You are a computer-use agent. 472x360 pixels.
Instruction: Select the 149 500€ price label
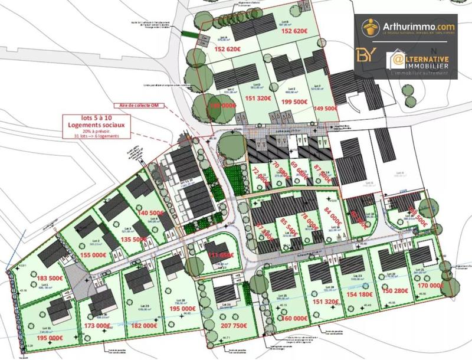pos(325,109)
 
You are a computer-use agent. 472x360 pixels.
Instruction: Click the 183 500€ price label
pos(50,278)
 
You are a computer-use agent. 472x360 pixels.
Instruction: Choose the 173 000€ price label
pos(97,325)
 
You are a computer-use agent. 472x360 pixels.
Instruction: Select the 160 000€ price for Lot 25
pos(279,318)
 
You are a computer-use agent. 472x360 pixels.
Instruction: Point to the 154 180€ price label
pos(359,293)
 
